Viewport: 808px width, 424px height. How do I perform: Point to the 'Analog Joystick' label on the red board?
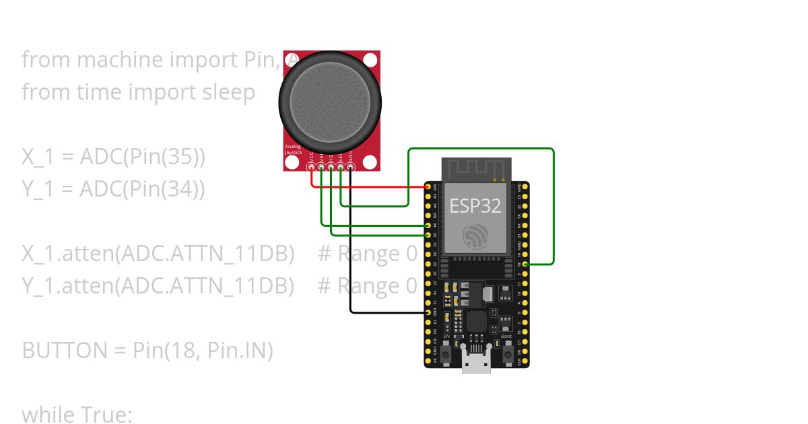pos(293,149)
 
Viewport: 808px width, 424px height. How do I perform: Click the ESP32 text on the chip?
pos(475,206)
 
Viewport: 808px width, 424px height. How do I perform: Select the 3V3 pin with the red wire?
pos(428,186)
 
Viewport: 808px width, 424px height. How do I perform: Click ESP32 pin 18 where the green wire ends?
pos(525,264)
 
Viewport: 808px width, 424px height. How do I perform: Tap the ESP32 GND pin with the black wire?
pos(428,313)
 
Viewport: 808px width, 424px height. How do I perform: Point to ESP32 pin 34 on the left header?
pos(428,225)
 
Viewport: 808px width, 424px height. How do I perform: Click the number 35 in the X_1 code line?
pos(183,157)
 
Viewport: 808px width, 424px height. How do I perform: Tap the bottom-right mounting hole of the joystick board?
pos(369,161)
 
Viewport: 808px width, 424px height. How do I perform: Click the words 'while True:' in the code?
pos(77,414)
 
